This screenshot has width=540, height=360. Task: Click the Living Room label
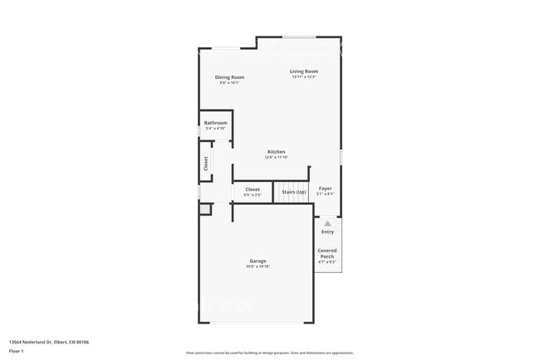click(304, 72)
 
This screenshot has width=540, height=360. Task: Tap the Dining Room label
click(229, 77)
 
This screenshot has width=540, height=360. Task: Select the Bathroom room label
click(216, 123)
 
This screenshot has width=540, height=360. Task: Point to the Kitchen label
click(277, 151)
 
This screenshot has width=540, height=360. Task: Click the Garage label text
click(258, 261)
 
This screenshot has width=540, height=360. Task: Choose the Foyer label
click(326, 189)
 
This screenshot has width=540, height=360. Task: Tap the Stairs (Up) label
click(293, 192)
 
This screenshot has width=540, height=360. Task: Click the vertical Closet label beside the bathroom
click(206, 165)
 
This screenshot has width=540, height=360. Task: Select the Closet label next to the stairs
click(253, 189)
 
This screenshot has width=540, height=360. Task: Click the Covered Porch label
click(327, 253)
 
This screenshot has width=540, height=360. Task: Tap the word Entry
click(327, 232)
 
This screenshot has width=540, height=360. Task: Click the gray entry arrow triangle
click(327, 224)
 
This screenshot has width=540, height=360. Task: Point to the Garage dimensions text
click(258, 267)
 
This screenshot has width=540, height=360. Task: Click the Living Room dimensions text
click(304, 77)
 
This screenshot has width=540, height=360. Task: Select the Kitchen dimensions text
click(277, 157)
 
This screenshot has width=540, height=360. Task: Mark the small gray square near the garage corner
click(205, 210)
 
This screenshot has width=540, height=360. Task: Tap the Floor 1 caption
click(17, 351)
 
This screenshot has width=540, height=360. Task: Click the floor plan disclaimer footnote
click(269, 353)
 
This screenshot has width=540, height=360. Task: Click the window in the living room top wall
click(298, 37)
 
